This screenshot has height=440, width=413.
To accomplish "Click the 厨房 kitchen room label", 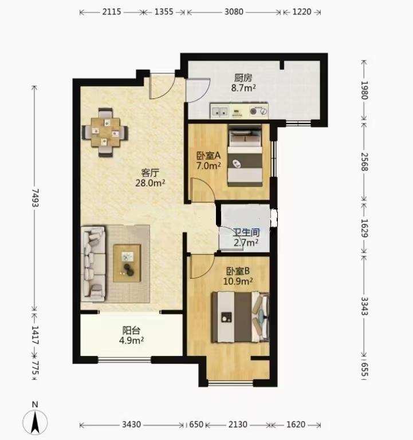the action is click(x=243, y=78).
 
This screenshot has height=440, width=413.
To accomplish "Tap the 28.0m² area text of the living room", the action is click(x=150, y=183).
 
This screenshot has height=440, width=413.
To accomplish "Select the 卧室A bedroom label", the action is click(x=208, y=156).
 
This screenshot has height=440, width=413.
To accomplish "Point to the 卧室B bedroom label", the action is click(x=238, y=271).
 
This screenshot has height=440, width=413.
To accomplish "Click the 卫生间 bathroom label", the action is click(x=246, y=232).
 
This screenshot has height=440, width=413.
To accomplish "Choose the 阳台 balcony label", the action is click(x=131, y=330).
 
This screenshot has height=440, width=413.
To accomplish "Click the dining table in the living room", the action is click(x=105, y=132).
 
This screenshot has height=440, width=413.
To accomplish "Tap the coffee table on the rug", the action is click(x=127, y=263).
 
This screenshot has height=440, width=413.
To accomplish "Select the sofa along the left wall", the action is click(x=93, y=264).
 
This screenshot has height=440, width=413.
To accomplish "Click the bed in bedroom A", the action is click(x=245, y=156).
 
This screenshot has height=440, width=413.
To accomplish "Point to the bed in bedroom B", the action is click(x=240, y=317).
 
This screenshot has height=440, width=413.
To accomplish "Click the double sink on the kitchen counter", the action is click(x=220, y=112).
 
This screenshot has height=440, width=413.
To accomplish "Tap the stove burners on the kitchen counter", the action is click(x=258, y=111).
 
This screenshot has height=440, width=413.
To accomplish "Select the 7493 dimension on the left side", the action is click(x=35, y=197).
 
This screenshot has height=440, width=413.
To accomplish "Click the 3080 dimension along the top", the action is click(x=234, y=12).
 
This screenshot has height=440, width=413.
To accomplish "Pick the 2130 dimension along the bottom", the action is click(x=238, y=425).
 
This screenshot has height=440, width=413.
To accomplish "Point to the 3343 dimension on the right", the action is click(x=364, y=306).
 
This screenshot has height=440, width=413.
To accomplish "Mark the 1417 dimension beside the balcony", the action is click(x=35, y=335).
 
